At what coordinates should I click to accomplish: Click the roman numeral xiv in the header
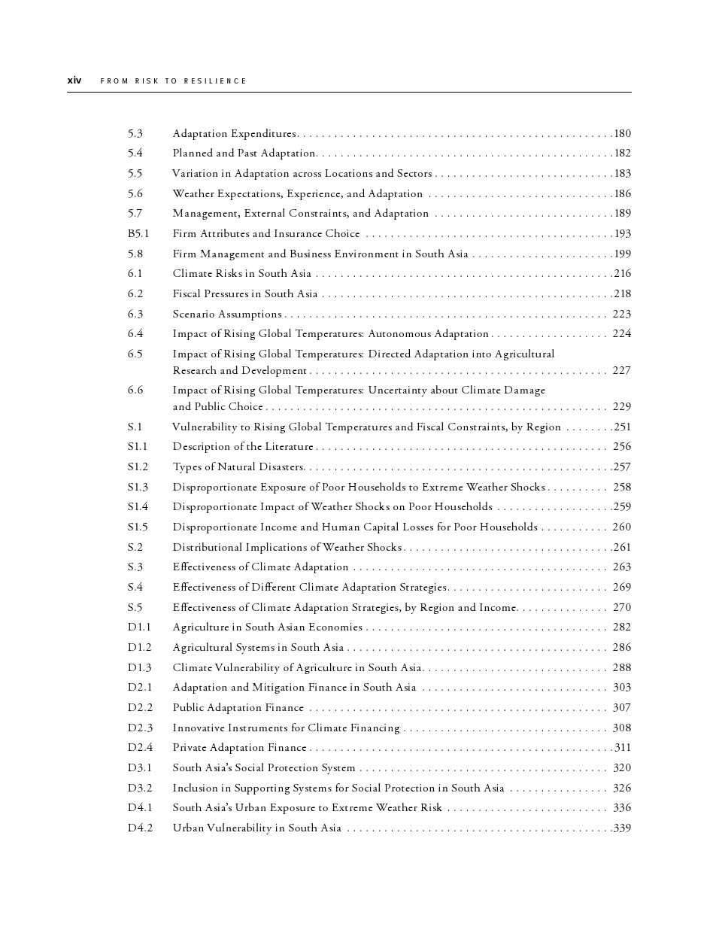(74, 81)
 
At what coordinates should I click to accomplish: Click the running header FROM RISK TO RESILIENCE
(173, 81)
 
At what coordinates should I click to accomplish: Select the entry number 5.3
(135, 133)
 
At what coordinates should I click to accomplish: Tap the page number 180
(622, 133)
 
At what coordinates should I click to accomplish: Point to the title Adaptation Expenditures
(234, 133)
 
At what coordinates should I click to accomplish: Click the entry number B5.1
(138, 233)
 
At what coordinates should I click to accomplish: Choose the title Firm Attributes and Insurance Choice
(265, 233)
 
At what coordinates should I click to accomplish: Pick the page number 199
(622, 254)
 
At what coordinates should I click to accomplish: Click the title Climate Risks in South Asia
(241, 273)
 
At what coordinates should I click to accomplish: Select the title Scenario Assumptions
(226, 314)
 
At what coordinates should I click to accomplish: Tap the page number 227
(621, 370)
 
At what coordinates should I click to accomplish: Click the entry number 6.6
(135, 390)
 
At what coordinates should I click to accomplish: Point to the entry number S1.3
(138, 487)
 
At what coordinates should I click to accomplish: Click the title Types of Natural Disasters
(238, 466)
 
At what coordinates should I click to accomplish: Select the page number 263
(621, 567)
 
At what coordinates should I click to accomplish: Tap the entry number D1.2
(139, 647)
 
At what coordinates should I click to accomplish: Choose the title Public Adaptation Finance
(238, 707)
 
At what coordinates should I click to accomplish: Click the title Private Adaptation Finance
(239, 747)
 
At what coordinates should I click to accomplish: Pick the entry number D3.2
(139, 788)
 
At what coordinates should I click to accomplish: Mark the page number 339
(622, 828)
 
